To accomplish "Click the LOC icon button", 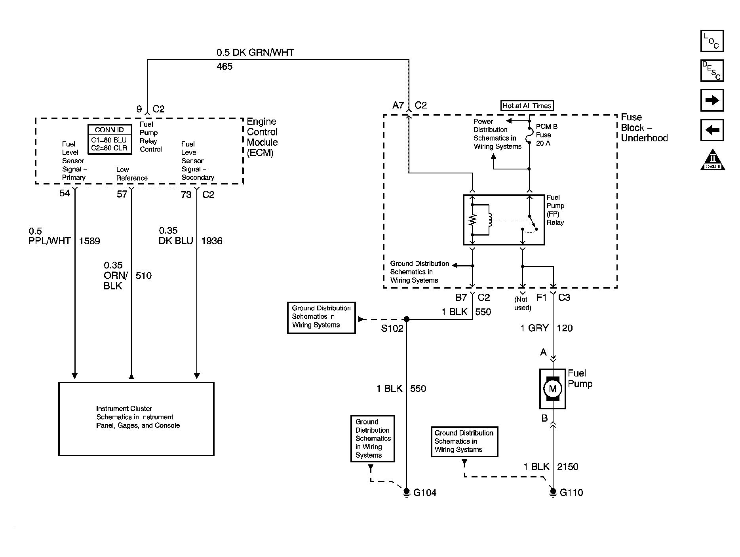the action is [712, 41].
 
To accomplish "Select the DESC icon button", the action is [712, 70].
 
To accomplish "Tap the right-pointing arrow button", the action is [712, 100].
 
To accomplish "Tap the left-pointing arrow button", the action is [712, 130].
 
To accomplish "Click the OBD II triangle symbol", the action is [713, 160].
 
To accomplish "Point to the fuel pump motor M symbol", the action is [552, 389].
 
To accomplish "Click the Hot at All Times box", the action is [527, 106].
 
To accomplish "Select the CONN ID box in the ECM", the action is [109, 139].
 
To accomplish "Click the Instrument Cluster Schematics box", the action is [136, 419].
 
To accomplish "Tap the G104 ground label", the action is [425, 493].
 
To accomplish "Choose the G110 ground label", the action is [571, 493].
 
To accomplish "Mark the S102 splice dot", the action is [406, 319].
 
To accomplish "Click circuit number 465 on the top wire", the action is [224, 67].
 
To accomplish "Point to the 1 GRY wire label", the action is [535, 328].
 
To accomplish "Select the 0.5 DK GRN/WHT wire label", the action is [255, 52].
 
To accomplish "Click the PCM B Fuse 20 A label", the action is [547, 135].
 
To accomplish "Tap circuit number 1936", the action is [212, 241].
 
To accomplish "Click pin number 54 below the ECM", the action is [65, 193].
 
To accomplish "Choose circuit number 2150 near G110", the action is [568, 467].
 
